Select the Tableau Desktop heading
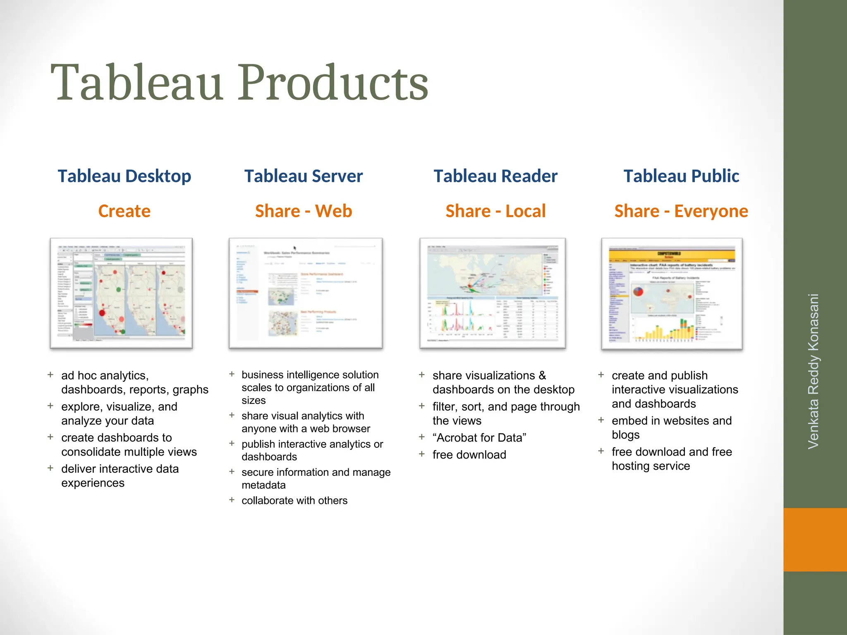pyautogui.click(x=124, y=176)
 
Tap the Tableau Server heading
pyautogui.click(x=303, y=176)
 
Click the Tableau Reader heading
pyautogui.click(x=495, y=176)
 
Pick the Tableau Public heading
pyautogui.click(x=681, y=176)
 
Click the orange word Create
pyautogui.click(x=124, y=211)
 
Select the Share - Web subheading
pyautogui.click(x=303, y=211)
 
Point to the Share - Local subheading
pyautogui.click(x=495, y=211)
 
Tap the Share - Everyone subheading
pyautogui.click(x=681, y=211)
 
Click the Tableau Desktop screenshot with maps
pyautogui.click(x=121, y=293)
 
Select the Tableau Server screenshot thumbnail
pyautogui.click(x=306, y=293)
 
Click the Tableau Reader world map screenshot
pyautogui.click(x=492, y=293)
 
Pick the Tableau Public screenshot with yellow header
pyautogui.click(x=672, y=294)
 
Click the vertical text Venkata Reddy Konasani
pyautogui.click(x=813, y=371)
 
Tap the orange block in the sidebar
pyautogui.click(x=815, y=540)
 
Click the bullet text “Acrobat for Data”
pyautogui.click(x=479, y=438)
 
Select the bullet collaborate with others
pyautogui.click(x=294, y=501)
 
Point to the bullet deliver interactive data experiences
pyautogui.click(x=120, y=476)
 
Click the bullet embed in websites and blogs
pyautogui.click(x=671, y=427)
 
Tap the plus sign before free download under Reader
pyautogui.click(x=421, y=454)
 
